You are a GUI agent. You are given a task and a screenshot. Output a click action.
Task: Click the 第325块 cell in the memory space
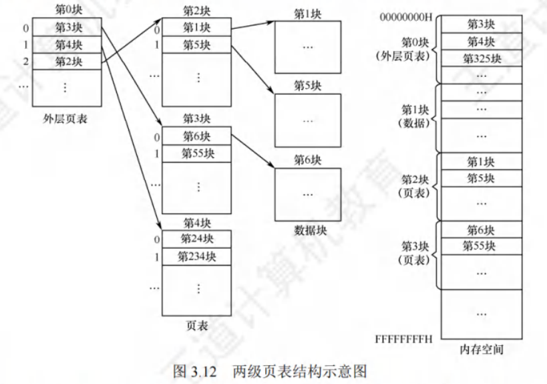pyautogui.click(x=482, y=58)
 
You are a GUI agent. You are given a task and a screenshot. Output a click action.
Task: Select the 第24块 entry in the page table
pyautogui.click(x=197, y=239)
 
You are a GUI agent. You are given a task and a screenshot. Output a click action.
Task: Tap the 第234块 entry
pyautogui.click(x=197, y=256)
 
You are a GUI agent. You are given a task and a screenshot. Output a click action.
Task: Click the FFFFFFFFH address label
pyautogui.click(x=404, y=339)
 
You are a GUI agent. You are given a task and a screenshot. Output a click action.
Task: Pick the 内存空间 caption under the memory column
pyautogui.click(x=482, y=351)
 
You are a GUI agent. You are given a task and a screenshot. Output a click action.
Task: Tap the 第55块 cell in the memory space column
pyautogui.click(x=482, y=246)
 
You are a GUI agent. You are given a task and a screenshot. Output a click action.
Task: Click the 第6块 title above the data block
pyautogui.click(x=308, y=161)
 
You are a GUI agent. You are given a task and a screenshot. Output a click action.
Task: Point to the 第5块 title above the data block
pyautogui.click(x=308, y=86)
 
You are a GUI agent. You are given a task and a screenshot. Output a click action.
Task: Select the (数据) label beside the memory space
pyautogui.click(x=417, y=123)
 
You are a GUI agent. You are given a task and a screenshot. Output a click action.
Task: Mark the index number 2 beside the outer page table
pyautogui.click(x=25, y=62)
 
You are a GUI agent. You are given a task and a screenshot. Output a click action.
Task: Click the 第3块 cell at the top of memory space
pyautogui.click(x=482, y=25)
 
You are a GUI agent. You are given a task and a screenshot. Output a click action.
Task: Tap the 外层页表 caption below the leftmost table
pyautogui.click(x=65, y=120)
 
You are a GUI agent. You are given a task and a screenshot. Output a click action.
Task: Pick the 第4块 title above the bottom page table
pyautogui.click(x=197, y=223)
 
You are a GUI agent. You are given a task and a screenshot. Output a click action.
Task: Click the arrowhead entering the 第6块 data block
pyautogui.click(x=272, y=167)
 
